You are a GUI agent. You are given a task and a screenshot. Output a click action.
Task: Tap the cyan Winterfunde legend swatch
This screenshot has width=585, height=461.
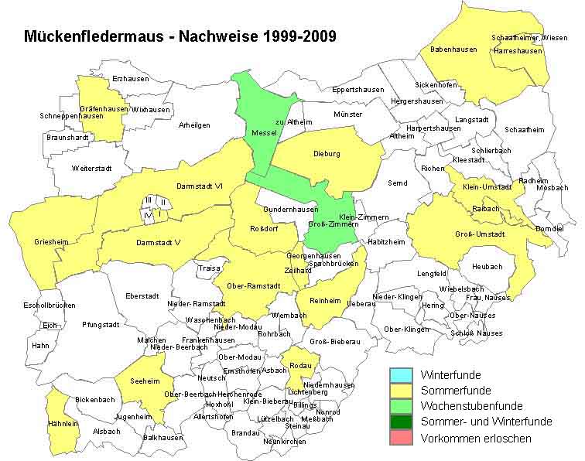click(x=400, y=375)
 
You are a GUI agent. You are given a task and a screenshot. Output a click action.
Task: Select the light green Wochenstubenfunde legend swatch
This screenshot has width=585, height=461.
click(x=400, y=406)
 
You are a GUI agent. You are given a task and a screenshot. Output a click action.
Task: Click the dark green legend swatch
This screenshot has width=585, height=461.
click(x=400, y=422)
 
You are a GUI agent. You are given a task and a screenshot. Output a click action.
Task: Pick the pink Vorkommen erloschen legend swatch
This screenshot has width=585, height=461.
click(x=400, y=438)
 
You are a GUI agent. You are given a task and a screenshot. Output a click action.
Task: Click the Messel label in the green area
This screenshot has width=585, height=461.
click(x=264, y=134)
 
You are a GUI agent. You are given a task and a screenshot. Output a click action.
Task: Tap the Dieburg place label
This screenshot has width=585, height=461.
click(x=327, y=153)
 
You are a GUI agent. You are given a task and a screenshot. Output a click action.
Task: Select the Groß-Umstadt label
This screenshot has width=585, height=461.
click(x=480, y=234)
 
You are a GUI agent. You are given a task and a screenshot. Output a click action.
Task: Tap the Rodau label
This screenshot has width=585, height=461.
click(x=300, y=365)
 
